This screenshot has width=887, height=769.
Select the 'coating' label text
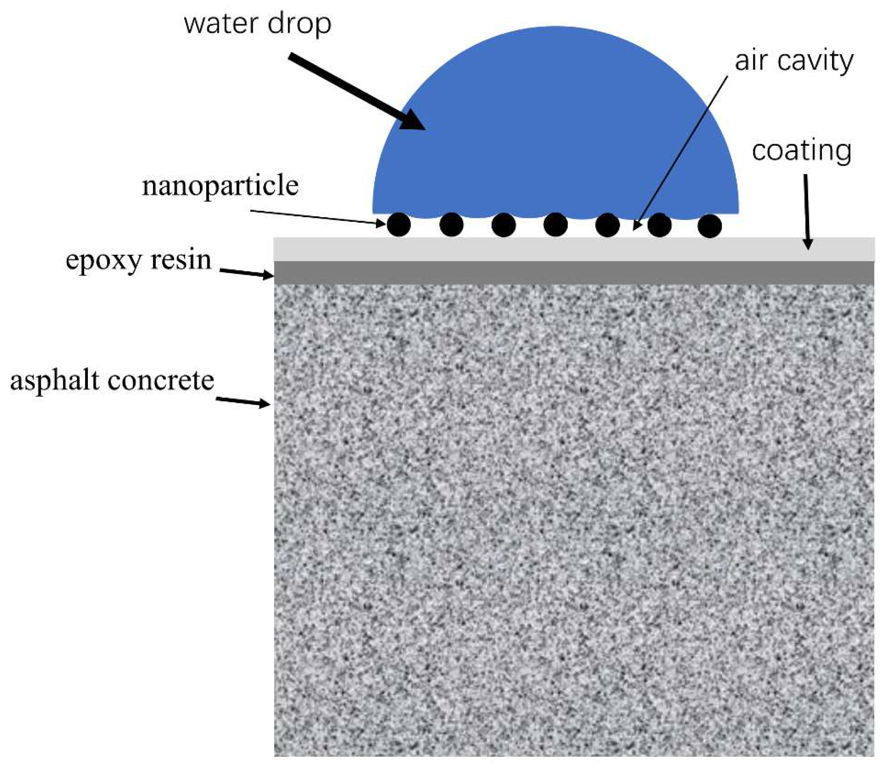tap(801, 151)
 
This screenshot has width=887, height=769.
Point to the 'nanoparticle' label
tap(220, 186)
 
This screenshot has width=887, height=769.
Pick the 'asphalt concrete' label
tap(112, 381)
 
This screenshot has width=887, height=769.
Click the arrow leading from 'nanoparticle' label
tap(318, 217)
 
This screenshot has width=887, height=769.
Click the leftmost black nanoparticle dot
tap(399, 225)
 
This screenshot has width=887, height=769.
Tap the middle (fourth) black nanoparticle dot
tap(556, 225)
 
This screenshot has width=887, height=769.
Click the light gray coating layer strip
tap(558, 249)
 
